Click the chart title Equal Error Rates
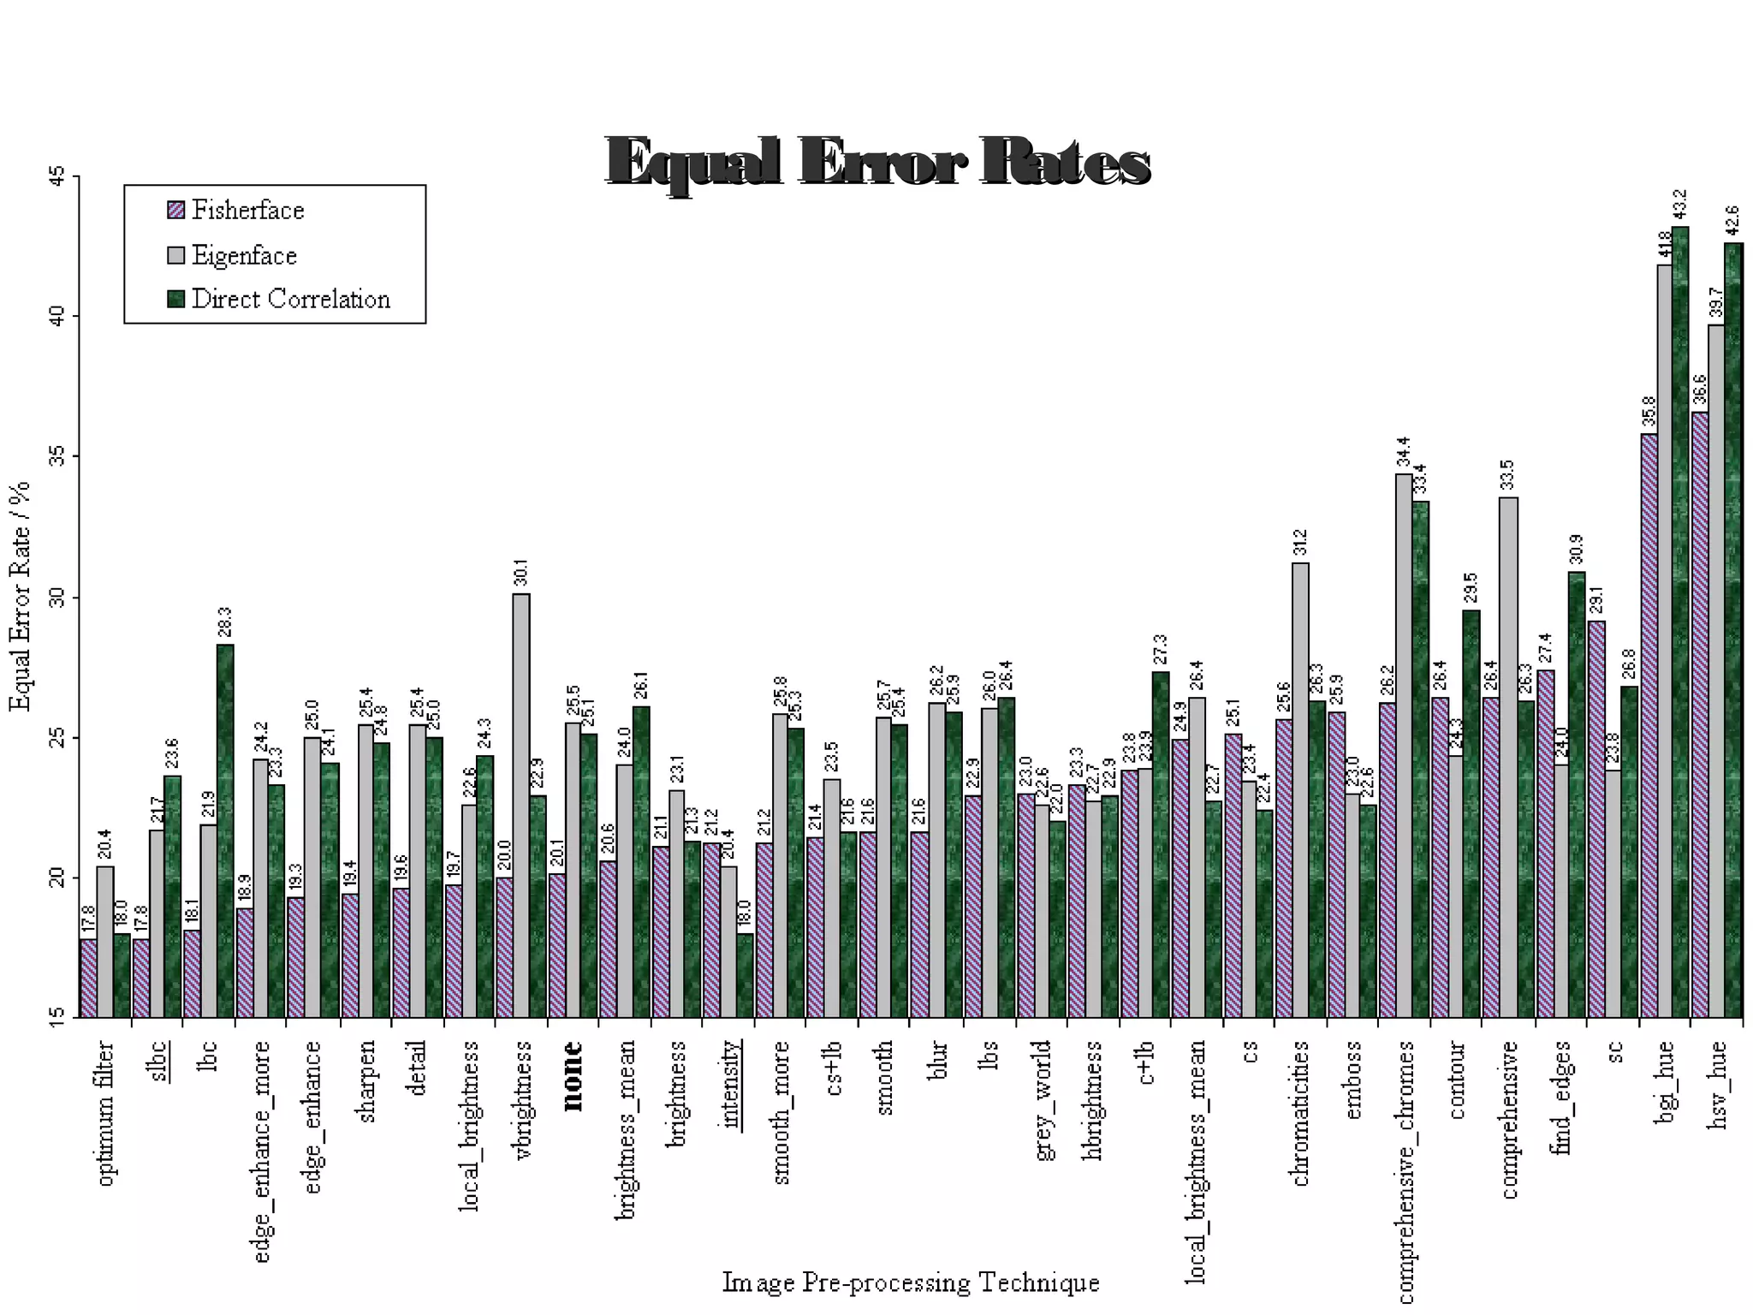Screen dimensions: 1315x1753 pyautogui.click(x=877, y=161)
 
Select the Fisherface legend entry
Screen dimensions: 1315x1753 pyautogui.click(x=247, y=211)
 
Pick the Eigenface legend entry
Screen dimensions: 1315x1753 pyautogui.click(x=243, y=255)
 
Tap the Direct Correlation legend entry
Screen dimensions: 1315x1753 pyautogui.click(x=289, y=300)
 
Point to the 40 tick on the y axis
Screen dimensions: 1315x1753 pyautogui.click(x=56, y=316)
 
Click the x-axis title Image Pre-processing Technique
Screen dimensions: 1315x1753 pyautogui.click(x=910, y=1282)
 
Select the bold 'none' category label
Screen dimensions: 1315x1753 pyautogui.click(x=572, y=1075)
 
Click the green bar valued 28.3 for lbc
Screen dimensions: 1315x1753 pyautogui.click(x=225, y=830)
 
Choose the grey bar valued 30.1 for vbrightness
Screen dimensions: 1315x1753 pyautogui.click(x=520, y=805)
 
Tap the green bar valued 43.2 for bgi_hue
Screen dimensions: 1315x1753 pyautogui.click(x=1680, y=622)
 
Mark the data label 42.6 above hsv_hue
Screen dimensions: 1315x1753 pyautogui.click(x=1732, y=220)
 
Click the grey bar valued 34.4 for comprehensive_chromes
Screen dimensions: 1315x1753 pyautogui.click(x=1404, y=745)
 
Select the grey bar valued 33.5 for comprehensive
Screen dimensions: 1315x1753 pyautogui.click(x=1508, y=757)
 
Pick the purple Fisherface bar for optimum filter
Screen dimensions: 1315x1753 pyautogui.click(x=87, y=978)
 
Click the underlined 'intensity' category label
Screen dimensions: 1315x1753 pyautogui.click(x=729, y=1083)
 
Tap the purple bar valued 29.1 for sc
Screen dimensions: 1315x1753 pyautogui.click(x=1596, y=818)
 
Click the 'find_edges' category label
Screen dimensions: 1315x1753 pyautogui.click(x=1562, y=1097)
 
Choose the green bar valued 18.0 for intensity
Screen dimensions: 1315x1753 pyautogui.click(x=745, y=975)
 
